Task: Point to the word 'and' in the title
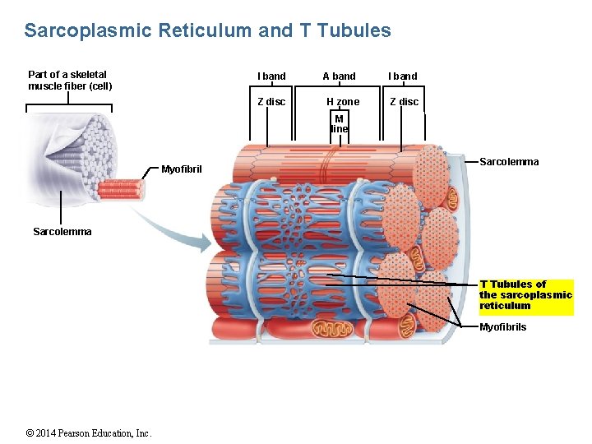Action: [x=275, y=31]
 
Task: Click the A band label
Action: [x=339, y=76]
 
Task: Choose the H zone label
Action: [x=343, y=102]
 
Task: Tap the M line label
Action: [x=340, y=123]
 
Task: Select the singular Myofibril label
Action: [x=182, y=169]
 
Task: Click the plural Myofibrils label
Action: [x=503, y=327]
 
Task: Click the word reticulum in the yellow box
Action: [x=505, y=306]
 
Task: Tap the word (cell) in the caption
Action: [x=98, y=86]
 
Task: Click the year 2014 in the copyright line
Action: [x=51, y=433]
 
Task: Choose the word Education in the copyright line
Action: [x=117, y=433]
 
